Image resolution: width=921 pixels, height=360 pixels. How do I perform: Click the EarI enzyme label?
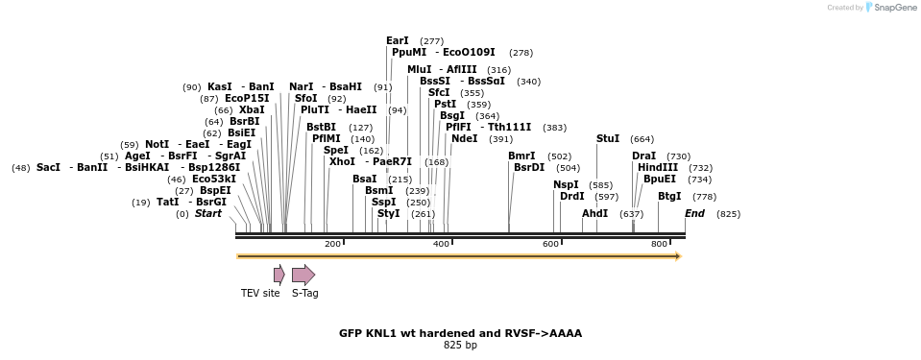397,40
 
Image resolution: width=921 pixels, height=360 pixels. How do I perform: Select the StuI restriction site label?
607,138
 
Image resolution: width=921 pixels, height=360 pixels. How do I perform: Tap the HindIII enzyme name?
657,167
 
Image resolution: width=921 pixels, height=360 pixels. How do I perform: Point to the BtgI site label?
668,196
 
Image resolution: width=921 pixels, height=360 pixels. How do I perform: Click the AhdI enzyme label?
594,213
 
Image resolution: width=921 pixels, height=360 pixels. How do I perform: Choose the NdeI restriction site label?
464,138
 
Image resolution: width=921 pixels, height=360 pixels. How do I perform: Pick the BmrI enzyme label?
521,156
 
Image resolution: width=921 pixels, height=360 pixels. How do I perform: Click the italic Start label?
207,213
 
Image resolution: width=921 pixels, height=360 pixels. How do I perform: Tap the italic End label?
694,213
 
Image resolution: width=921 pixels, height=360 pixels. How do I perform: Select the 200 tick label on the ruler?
332,244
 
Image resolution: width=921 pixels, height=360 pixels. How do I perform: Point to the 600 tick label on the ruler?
550,244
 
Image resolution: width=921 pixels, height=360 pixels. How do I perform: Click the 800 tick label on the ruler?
659,244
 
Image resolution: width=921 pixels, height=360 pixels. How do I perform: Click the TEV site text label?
259,293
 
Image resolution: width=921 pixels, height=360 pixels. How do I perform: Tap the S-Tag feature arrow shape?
303,275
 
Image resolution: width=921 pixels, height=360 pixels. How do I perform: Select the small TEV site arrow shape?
279,275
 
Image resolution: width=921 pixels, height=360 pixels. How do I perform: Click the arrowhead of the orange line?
677,256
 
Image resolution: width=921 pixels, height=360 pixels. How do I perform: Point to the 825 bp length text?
460,345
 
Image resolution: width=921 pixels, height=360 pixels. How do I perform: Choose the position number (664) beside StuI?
642,139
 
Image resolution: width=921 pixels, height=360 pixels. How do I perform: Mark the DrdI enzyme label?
571,196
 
